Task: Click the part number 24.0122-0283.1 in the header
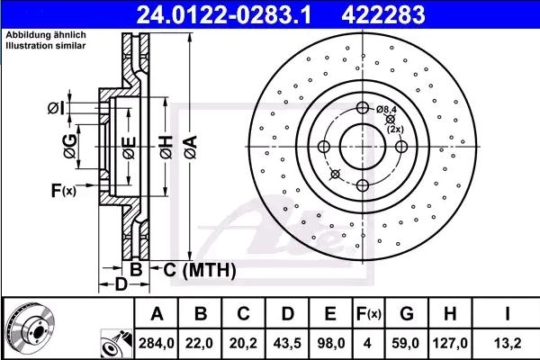(224, 14)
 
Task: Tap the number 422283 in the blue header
(383, 14)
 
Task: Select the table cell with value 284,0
(157, 343)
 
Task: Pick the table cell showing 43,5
(287, 343)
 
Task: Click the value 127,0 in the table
(451, 343)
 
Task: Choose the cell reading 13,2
(508, 343)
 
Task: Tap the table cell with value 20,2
(243, 343)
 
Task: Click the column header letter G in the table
(407, 314)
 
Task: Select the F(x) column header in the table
(368, 314)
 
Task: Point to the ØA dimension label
(191, 147)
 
